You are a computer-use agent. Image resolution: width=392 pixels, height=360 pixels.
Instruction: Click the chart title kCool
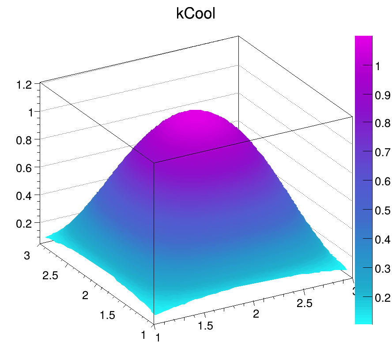coord(196,14)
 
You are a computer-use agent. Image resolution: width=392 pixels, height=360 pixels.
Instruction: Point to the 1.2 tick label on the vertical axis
coord(25,85)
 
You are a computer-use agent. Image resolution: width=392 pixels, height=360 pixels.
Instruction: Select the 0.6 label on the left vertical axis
coord(25,167)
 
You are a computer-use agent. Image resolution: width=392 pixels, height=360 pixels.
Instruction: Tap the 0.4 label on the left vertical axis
coord(25,195)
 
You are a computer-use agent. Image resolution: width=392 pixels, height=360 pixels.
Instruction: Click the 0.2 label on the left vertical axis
coord(25,223)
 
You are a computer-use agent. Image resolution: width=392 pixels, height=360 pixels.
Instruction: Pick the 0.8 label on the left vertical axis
coord(25,140)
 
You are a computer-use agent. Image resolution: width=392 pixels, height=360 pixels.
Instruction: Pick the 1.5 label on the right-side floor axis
coord(205,326)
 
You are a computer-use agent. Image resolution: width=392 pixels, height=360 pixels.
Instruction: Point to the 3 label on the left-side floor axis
coord(27,255)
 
